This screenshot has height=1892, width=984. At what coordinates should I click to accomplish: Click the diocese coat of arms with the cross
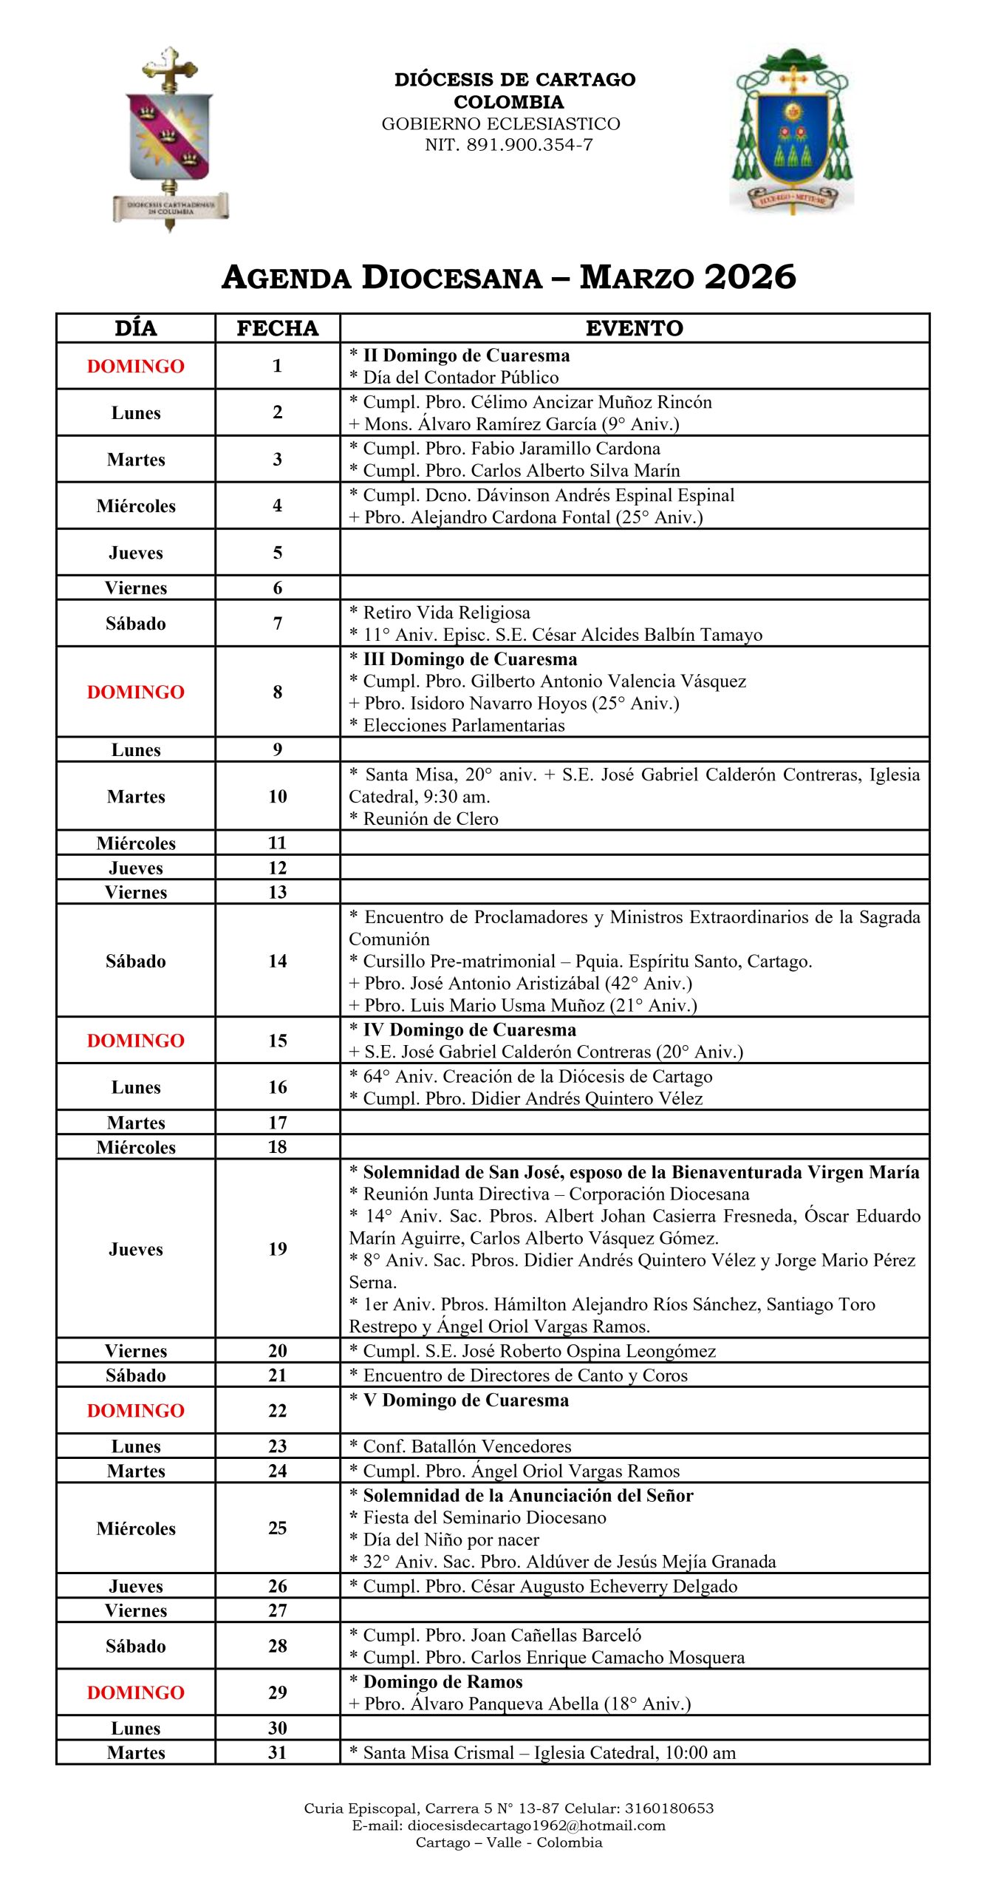coord(170,139)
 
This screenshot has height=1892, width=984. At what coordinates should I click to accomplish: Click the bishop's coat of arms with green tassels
coord(792,132)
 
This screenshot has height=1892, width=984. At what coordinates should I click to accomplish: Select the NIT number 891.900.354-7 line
coord(508,145)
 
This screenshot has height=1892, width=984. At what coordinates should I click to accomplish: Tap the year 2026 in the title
coord(750,277)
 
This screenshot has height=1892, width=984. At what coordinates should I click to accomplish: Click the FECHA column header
coord(277,328)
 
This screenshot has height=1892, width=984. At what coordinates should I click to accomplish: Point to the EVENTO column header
coord(634,328)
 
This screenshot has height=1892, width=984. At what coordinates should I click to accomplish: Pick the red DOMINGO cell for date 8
coord(136,692)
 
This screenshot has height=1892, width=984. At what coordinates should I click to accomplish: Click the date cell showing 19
coord(277,1248)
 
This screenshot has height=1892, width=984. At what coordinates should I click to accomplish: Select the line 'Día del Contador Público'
coord(460,378)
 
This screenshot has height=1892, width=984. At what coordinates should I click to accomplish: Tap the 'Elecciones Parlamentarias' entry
coord(463,725)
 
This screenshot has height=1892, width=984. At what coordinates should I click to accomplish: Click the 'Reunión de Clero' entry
coord(430,818)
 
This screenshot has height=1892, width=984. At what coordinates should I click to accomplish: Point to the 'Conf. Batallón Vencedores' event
coord(467,1446)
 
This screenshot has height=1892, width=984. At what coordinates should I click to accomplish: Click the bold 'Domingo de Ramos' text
coord(443,1681)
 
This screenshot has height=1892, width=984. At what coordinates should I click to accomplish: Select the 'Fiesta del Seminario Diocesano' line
coord(484,1517)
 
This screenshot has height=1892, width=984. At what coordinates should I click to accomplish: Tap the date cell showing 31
coord(277,1752)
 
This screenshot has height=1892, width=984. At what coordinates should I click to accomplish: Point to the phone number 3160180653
coord(669,1808)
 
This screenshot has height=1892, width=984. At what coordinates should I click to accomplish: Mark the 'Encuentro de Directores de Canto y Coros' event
coord(525,1375)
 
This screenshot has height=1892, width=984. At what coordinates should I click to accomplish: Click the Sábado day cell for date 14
coord(136,961)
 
